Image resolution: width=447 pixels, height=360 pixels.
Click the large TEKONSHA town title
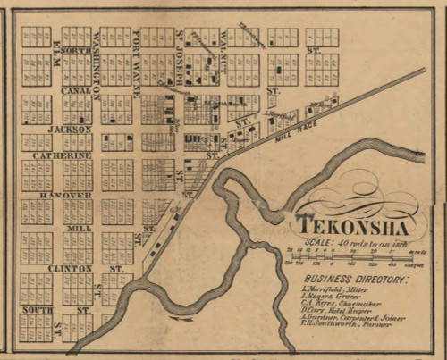click(357, 223)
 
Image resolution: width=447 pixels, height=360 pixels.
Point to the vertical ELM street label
click(56, 52)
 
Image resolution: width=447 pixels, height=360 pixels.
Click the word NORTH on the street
click(76, 51)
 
